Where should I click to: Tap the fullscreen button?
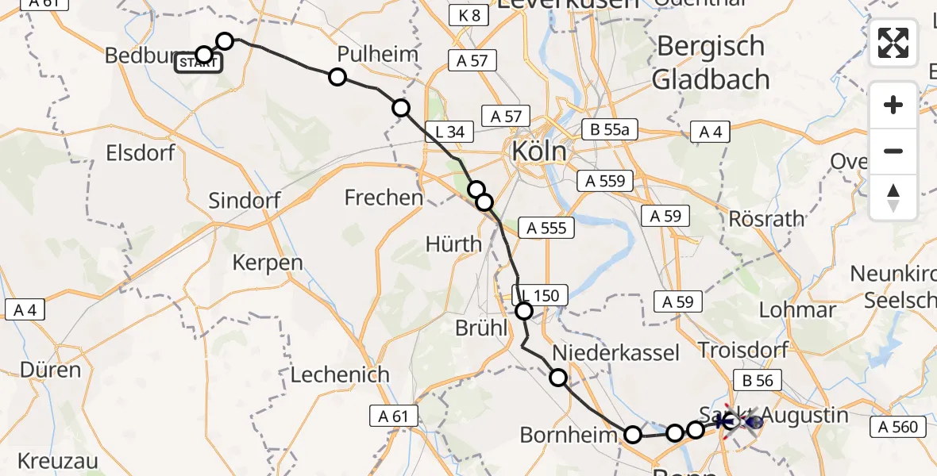[893, 43]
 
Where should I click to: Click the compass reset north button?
[893, 198]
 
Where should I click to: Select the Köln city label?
[540, 151]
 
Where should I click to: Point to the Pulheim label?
[367, 55]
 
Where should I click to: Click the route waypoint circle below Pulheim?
[337, 77]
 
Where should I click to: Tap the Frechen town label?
[384, 197]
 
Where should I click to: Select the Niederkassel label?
[616, 352]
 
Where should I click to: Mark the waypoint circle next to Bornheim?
[633, 435]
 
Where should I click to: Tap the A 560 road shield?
[898, 428]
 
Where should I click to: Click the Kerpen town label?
[268, 263]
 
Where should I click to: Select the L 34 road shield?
[450, 132]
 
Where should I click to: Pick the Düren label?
[51, 370]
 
